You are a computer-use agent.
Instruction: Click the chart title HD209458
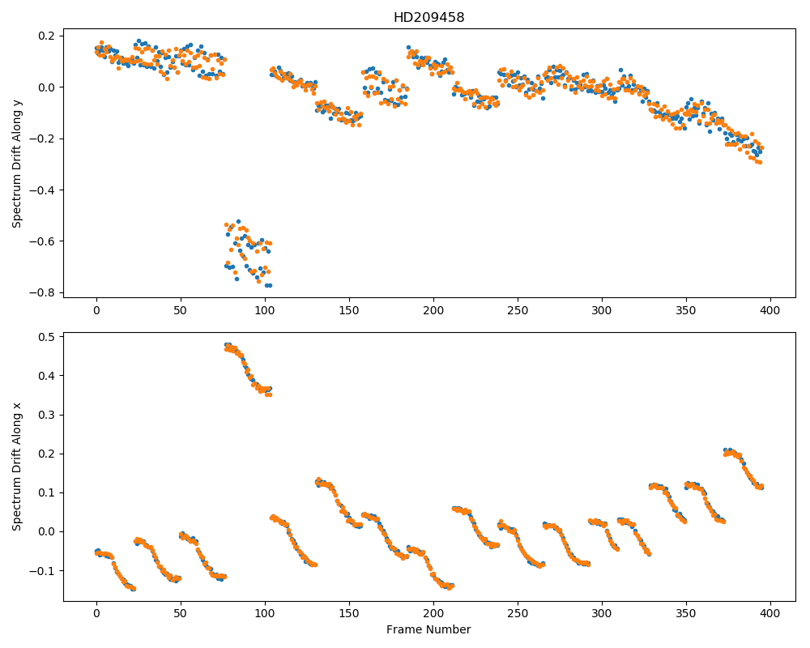click(x=428, y=18)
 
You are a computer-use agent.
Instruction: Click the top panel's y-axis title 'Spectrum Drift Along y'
click(x=17, y=164)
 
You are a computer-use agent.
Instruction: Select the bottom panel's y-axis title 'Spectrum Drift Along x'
click(x=17, y=467)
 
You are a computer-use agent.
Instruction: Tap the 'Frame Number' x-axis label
click(x=428, y=629)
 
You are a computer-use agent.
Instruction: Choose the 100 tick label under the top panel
click(x=265, y=310)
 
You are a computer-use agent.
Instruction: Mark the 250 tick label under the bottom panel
click(x=518, y=614)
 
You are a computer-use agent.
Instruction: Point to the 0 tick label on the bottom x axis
click(x=96, y=614)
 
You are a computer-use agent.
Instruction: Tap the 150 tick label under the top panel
click(x=349, y=310)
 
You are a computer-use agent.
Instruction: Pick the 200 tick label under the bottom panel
click(x=433, y=614)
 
